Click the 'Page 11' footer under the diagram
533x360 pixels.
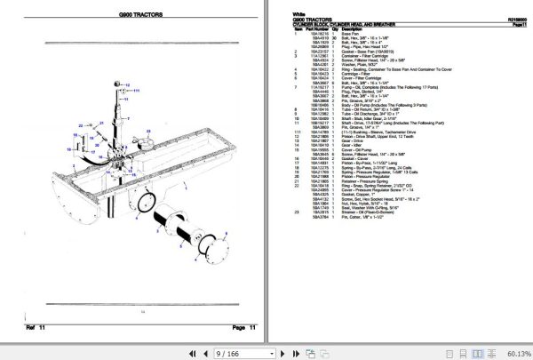(244, 328)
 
